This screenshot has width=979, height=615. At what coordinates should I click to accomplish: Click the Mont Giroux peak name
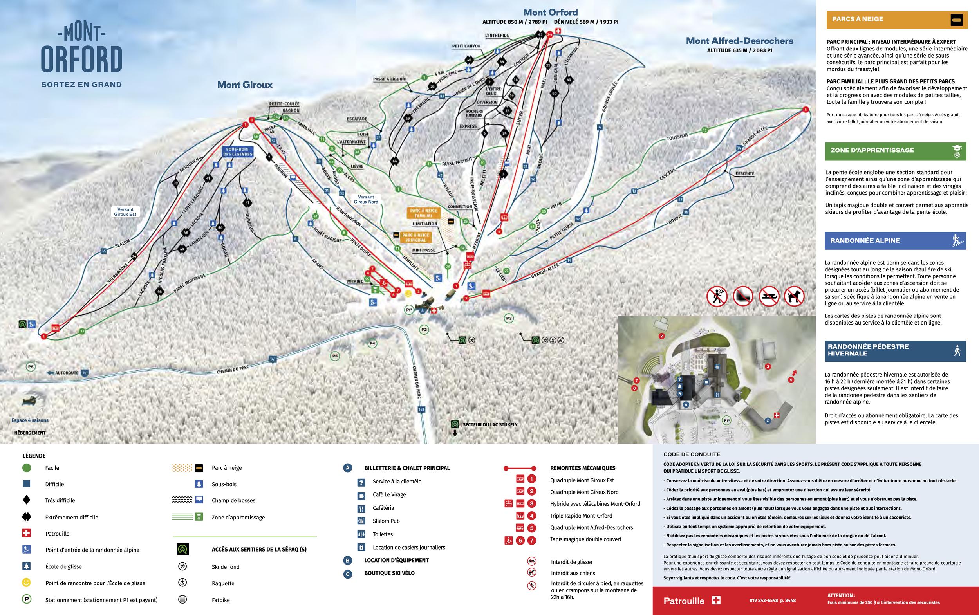(x=245, y=85)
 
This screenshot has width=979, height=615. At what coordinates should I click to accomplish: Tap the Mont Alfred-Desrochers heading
(x=739, y=41)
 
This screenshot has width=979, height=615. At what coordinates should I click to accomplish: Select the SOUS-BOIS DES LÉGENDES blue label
(x=238, y=151)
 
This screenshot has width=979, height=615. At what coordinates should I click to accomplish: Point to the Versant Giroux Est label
(x=125, y=212)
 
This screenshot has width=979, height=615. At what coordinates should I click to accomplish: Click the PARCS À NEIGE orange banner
(x=896, y=19)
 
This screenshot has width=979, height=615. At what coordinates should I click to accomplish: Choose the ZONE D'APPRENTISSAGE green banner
(x=895, y=150)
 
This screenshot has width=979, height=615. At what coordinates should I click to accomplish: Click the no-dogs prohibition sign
(x=794, y=296)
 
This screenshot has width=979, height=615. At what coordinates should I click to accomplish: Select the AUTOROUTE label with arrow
(x=67, y=373)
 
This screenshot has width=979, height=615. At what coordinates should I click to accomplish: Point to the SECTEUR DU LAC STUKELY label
(x=490, y=424)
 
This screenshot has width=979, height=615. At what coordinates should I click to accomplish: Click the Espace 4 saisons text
(x=30, y=420)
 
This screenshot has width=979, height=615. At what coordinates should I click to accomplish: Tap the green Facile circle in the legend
(x=26, y=468)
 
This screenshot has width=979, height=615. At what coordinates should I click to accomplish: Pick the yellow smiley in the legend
(x=26, y=583)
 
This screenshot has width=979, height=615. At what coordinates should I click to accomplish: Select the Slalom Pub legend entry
(x=386, y=521)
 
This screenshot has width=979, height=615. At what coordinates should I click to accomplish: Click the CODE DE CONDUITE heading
(x=692, y=454)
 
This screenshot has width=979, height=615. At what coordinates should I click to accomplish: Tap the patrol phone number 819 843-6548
(x=772, y=601)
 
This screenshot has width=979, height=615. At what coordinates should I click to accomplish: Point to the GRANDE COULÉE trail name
(x=610, y=97)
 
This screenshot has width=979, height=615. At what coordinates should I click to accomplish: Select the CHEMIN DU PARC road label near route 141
(x=233, y=370)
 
